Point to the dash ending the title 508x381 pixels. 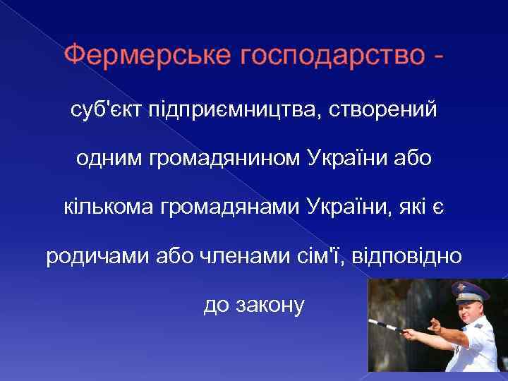pos(439,55)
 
